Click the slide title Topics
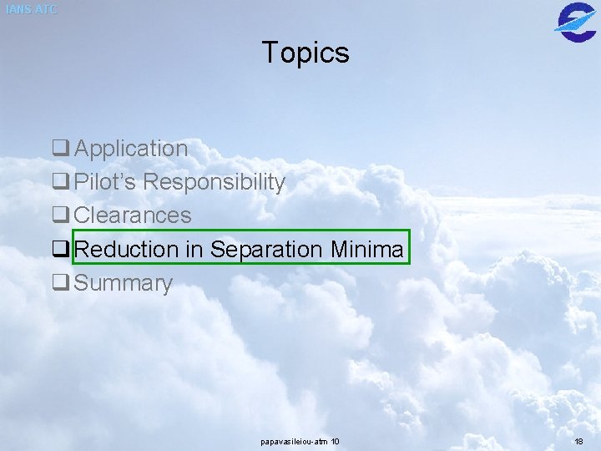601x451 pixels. click(x=306, y=53)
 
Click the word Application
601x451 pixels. click(x=131, y=149)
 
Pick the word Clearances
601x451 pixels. click(x=133, y=215)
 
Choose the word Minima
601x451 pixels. click(x=367, y=249)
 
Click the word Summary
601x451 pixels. click(x=123, y=283)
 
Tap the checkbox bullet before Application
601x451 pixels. click(x=60, y=149)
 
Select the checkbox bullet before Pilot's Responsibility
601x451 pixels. click(x=60, y=183)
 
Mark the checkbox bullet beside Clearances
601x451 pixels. click(x=60, y=216)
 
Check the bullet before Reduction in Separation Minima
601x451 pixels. click(x=60, y=250)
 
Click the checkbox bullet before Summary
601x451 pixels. click(x=60, y=284)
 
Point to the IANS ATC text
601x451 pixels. click(x=32, y=10)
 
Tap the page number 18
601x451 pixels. click(x=579, y=441)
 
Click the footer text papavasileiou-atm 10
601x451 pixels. click(x=300, y=441)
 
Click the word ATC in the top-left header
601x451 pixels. click(x=45, y=10)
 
